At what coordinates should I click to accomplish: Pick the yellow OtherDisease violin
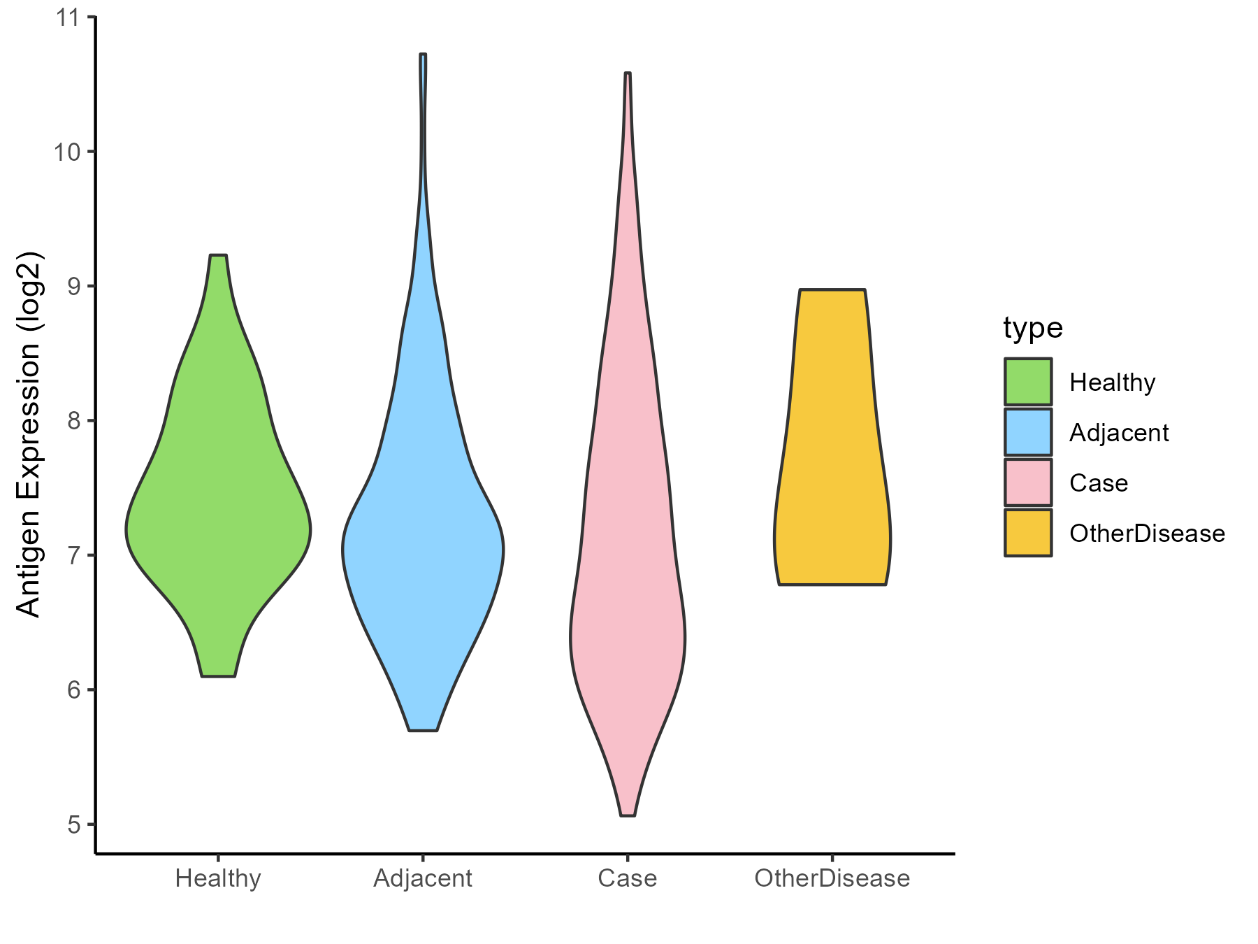[832, 489]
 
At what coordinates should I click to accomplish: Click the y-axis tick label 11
[68, 17]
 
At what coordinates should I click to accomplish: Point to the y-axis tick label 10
[68, 152]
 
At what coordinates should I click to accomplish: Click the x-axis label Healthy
[218, 878]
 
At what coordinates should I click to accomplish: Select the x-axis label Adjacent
[423, 878]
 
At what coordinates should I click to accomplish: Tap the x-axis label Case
[628, 878]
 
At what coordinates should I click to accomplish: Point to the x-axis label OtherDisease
[832, 878]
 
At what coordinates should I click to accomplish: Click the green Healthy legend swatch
[1028, 382]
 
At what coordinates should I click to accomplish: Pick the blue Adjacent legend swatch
[1028, 432]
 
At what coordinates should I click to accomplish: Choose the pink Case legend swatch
[1028, 482]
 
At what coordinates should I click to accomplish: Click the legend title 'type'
[1033, 328]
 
